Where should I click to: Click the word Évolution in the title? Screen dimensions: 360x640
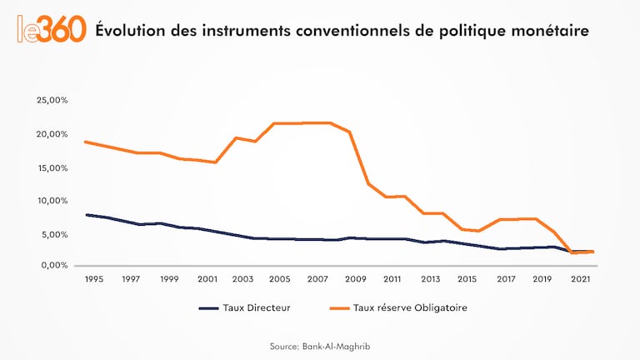click(127, 31)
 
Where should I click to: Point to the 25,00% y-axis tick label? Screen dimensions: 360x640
click(52, 100)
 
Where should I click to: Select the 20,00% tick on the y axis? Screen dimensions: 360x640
click(52, 133)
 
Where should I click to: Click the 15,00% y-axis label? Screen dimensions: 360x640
click(52, 167)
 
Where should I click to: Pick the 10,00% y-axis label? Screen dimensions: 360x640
click(52, 200)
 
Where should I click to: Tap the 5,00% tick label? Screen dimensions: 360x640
click(54, 233)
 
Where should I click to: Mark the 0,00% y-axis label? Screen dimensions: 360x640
click(54, 266)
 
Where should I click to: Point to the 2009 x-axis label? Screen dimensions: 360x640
click(356, 279)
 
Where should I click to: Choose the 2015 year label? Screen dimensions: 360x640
click(467, 279)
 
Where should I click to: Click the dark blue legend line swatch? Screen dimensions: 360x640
click(209, 307)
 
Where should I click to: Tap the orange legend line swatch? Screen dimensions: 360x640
click(337, 307)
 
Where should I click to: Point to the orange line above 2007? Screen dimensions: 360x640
click(318, 122)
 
